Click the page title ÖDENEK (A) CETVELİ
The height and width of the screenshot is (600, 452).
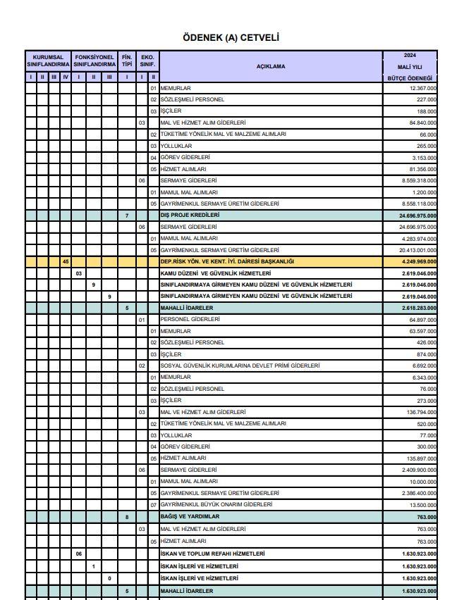pyautogui.click(x=226, y=37)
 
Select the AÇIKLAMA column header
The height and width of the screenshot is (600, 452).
pyautogui.click(x=271, y=66)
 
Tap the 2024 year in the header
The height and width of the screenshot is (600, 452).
pyautogui.click(x=410, y=55)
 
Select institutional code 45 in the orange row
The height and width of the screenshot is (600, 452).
pyautogui.click(x=66, y=261)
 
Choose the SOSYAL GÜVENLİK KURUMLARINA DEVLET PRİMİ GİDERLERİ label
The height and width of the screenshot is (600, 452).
pyautogui.click(x=240, y=365)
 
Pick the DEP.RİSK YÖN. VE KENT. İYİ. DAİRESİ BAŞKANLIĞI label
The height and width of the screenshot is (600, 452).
pyautogui.click(x=227, y=261)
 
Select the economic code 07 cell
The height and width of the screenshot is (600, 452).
pyautogui.click(x=153, y=504)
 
